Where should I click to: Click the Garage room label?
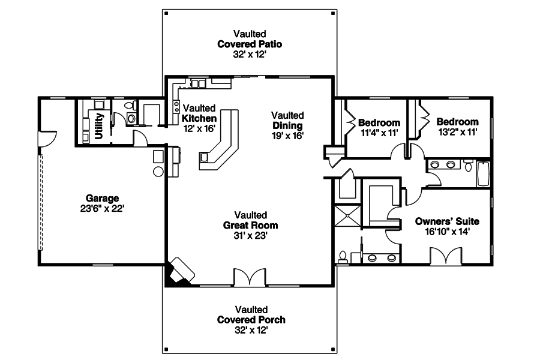pos(102,198)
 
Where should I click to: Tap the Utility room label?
pos(98,126)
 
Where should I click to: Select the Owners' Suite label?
pos(447,221)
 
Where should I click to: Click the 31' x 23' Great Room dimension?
pos(250,236)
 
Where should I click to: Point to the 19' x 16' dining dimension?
pos(287,136)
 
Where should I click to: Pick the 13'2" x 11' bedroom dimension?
pos(457,132)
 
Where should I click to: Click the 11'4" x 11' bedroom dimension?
pos(379,133)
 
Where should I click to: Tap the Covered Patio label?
pos(250,44)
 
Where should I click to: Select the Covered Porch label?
pos(251,320)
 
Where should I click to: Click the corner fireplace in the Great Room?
pos(179,272)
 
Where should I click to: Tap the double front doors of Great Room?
pos(250,277)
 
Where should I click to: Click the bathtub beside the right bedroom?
pos(483,173)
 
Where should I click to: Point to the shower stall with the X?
pos(348,216)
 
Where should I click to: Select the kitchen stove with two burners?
pos(176,106)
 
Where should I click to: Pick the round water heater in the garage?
pos(158,171)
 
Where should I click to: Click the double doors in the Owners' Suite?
pos(446,256)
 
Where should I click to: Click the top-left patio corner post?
pos(166,13)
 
